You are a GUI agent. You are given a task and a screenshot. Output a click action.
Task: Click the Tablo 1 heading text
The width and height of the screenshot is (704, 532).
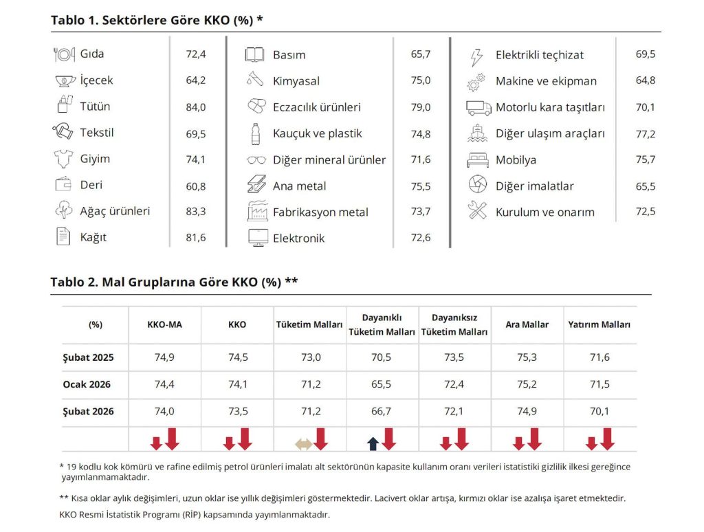click(x=157, y=20)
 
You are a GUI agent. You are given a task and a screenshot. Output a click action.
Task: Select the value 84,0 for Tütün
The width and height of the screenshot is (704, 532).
click(x=196, y=107)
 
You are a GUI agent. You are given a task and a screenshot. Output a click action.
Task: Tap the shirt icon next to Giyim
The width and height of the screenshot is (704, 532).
click(x=63, y=159)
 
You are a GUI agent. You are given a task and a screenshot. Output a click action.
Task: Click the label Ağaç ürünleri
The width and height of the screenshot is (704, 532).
click(x=115, y=211)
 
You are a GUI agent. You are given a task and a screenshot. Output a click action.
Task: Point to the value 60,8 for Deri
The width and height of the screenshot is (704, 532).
click(x=196, y=186)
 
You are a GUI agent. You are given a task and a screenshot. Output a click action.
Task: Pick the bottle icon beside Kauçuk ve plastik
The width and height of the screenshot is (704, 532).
click(x=255, y=134)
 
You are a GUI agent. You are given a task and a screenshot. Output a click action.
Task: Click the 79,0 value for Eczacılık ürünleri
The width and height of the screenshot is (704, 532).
click(x=421, y=107)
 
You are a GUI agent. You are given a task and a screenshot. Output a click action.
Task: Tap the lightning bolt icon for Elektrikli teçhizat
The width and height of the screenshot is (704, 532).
click(x=476, y=55)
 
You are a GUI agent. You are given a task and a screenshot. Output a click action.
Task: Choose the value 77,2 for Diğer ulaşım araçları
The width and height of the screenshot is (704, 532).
click(x=646, y=134)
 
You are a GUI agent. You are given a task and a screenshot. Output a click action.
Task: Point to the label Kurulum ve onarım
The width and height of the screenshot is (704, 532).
click(x=545, y=212)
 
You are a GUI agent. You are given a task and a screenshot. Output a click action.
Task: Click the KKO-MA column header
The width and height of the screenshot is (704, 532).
click(x=164, y=324)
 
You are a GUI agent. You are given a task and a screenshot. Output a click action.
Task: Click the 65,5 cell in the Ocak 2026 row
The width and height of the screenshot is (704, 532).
click(x=382, y=384)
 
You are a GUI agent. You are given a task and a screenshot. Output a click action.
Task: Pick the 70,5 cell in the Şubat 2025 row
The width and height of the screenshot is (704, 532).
click(x=382, y=357)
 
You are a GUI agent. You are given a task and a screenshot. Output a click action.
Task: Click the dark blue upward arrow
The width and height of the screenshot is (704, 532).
click(x=373, y=443)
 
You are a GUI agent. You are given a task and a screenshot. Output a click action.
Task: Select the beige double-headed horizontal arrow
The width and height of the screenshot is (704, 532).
click(x=303, y=444)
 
